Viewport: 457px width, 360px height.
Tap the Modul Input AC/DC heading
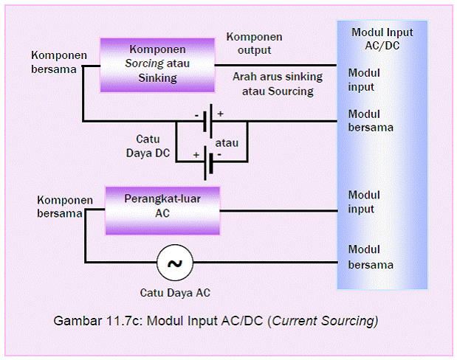(x=382, y=38)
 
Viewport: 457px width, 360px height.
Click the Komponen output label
(x=254, y=44)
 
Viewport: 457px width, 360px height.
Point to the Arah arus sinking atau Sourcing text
(x=272, y=83)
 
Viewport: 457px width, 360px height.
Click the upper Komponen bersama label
(x=59, y=62)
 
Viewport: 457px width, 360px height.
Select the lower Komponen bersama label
(x=63, y=207)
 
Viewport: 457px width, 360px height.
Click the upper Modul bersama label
(x=370, y=121)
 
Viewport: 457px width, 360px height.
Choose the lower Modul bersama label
(x=370, y=257)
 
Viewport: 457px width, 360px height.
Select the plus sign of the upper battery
(x=220, y=114)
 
